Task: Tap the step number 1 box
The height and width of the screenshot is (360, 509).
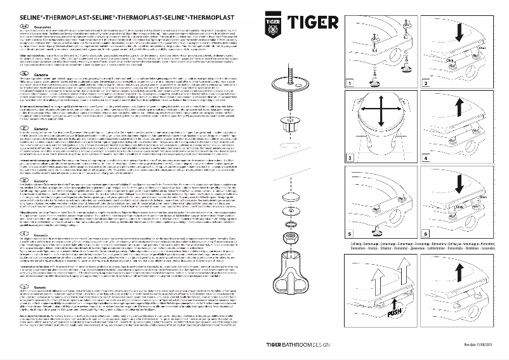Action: (350, 101)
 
